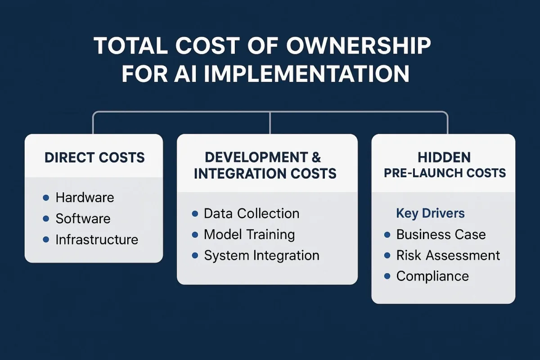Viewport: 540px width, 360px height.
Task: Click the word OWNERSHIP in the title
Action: (359, 45)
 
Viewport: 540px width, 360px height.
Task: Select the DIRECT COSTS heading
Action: (95, 157)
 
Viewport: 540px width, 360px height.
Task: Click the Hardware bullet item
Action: (85, 198)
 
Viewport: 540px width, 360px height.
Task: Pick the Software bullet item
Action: (83, 219)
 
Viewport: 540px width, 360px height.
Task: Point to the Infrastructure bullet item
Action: (97, 240)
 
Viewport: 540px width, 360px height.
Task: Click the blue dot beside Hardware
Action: (46, 198)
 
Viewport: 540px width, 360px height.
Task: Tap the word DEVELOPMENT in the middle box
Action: (256, 157)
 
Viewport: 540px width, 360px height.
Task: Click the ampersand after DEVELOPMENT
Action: (316, 157)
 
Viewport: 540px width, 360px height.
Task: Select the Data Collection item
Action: (252, 214)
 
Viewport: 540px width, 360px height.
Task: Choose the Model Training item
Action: (249, 234)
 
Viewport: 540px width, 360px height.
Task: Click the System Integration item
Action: (262, 256)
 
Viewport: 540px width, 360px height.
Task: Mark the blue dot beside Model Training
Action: (195, 235)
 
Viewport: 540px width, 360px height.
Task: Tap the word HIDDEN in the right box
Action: (444, 157)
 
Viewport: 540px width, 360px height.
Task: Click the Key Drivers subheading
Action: (430, 213)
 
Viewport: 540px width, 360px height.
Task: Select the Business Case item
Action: (441, 234)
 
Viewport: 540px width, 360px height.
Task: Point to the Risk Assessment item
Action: (448, 255)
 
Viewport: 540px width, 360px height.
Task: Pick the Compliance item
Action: (432, 277)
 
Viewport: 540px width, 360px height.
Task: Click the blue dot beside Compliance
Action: (387, 276)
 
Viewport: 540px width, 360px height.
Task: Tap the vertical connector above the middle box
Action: (270, 123)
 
